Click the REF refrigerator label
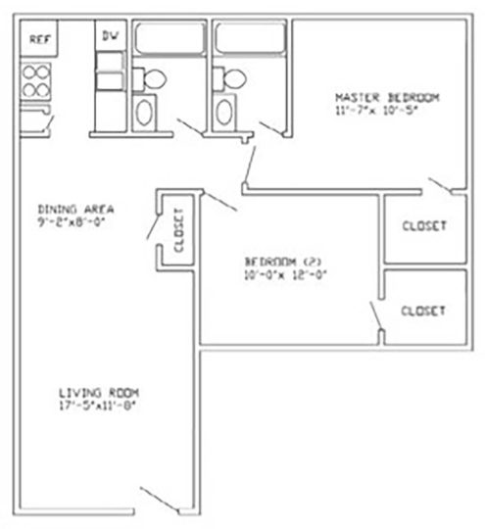38,39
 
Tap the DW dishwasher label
110,37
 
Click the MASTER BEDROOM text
387,97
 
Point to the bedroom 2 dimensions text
283,275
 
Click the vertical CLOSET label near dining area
178,232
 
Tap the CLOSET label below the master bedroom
423,226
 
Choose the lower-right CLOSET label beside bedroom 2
423,310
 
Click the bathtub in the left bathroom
167,40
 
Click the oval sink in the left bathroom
146,112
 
